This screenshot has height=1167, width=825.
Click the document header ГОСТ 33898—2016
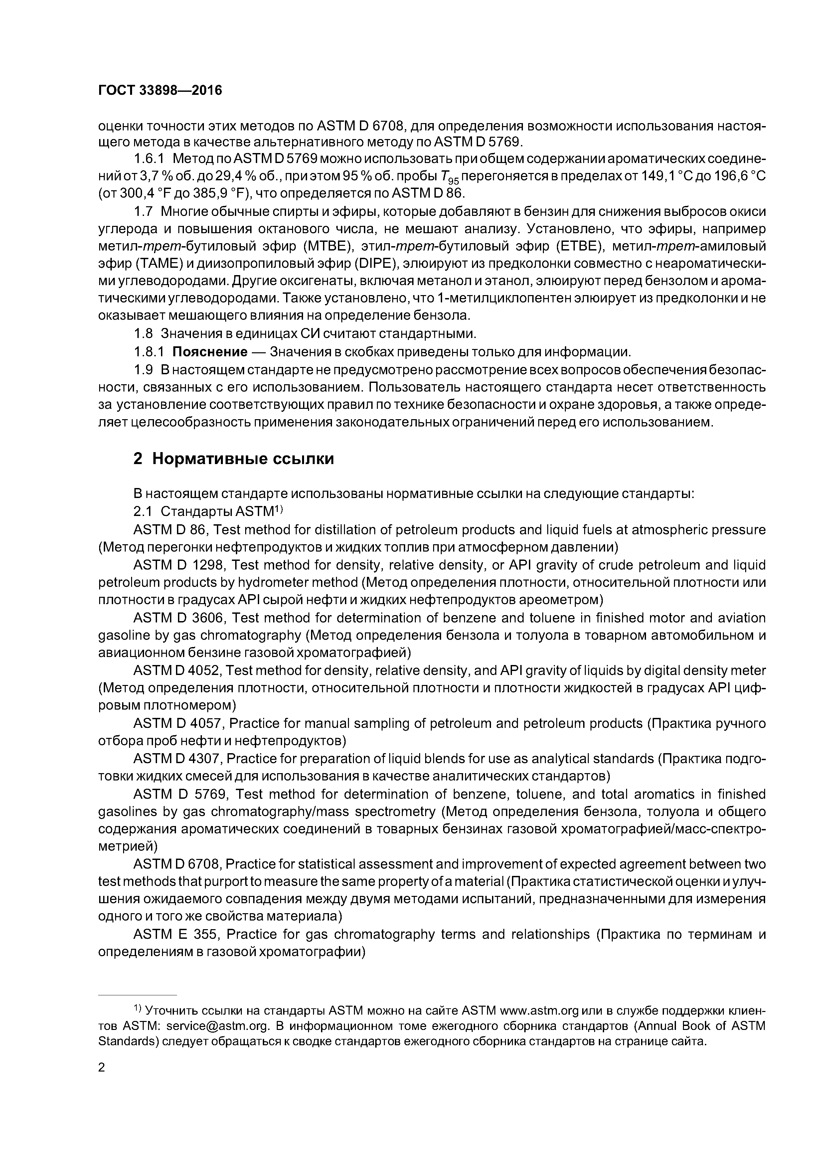[x=160, y=90]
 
